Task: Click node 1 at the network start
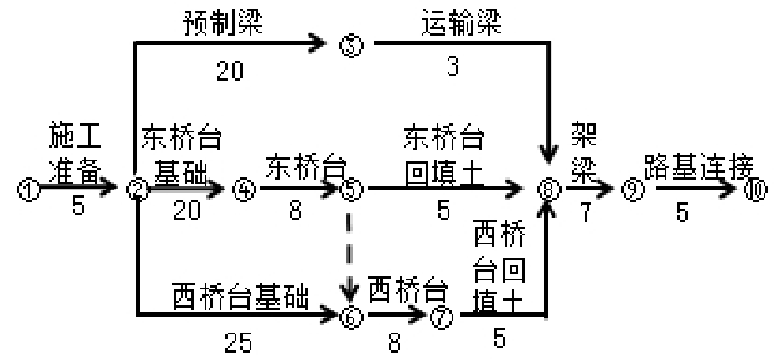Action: point(27,190)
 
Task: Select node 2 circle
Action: point(136,190)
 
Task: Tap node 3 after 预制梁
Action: point(350,45)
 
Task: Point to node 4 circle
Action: point(243,190)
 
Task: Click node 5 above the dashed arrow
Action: point(351,190)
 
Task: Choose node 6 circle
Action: point(350,315)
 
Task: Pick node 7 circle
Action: point(440,315)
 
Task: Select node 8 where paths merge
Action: point(547,190)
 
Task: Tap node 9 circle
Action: point(634,190)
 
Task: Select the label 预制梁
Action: point(223,22)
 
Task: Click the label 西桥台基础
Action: point(241,293)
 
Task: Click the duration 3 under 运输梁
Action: point(453,68)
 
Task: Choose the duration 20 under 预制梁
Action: point(230,72)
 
